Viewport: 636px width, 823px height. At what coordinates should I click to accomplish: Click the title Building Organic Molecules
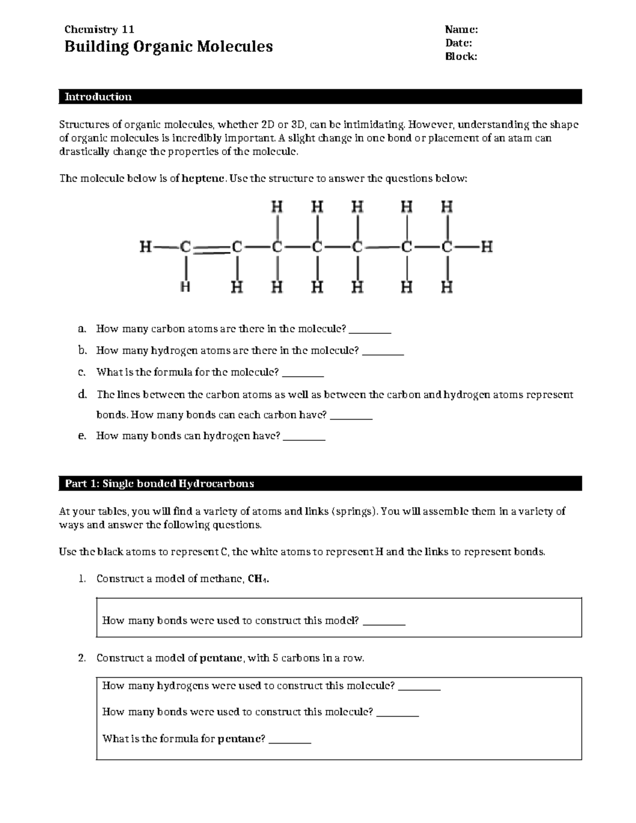coord(168,47)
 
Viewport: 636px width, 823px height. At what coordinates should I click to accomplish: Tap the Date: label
coord(458,43)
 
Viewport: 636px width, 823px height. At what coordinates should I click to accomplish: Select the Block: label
coord(461,57)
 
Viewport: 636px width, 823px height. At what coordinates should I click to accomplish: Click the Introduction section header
coord(98,97)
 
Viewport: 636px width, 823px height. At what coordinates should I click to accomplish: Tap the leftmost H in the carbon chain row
coord(146,247)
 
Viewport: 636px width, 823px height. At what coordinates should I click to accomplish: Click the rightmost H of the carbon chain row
coord(487,247)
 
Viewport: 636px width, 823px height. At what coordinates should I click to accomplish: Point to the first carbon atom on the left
coord(185,247)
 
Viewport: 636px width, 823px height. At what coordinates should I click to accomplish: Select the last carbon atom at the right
coord(447,247)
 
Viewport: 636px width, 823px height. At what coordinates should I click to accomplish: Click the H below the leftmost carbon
coord(185,287)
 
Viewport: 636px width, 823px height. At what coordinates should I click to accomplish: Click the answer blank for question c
coord(303,374)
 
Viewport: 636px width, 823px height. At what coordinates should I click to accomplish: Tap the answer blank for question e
coord(304,438)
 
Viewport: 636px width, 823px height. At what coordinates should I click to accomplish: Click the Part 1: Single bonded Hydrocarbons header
coord(159,483)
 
